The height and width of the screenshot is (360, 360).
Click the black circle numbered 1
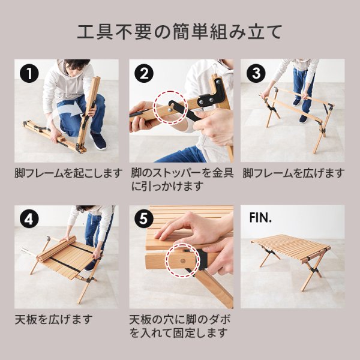29,73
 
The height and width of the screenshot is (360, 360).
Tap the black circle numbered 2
144,73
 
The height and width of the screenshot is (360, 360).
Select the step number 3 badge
256,73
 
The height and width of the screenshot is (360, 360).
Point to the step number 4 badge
29,219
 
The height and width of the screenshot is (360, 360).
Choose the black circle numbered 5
144,219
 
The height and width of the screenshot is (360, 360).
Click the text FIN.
260,217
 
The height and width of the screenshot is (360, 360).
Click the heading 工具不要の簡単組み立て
179,31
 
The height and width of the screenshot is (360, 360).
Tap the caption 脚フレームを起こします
68,173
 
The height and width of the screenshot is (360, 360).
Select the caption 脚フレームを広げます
293,173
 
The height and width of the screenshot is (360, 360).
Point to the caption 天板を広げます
54,319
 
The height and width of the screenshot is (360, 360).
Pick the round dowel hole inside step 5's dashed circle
183,261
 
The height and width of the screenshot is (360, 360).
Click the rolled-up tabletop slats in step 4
56,248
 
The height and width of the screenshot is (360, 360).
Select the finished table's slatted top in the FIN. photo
291,246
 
